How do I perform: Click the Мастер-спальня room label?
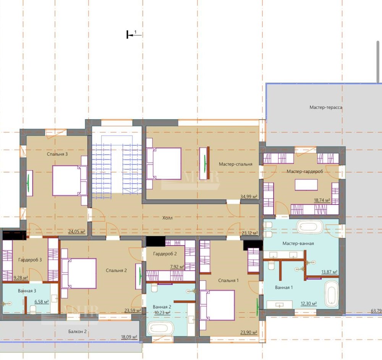[x=235, y=164]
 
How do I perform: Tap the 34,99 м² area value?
[x=249, y=197]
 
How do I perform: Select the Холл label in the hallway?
[x=167, y=218]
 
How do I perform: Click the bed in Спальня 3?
[x=70, y=181]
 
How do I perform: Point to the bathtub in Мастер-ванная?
[x=310, y=227]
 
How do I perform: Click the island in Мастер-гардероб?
[x=306, y=185]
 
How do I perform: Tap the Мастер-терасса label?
[x=326, y=107]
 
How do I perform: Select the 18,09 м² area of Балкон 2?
[x=129, y=337]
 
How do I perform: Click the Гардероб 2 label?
[x=165, y=253]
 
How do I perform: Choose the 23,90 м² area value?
[x=249, y=332]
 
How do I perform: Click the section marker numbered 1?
[x=134, y=34]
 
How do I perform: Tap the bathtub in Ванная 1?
[x=332, y=294]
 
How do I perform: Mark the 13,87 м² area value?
[x=329, y=272]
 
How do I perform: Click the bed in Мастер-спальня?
[x=164, y=163]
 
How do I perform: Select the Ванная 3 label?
[x=27, y=291]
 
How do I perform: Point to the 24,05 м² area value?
[x=76, y=231]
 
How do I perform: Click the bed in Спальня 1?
[x=217, y=305]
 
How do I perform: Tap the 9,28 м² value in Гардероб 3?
[x=21, y=278]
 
